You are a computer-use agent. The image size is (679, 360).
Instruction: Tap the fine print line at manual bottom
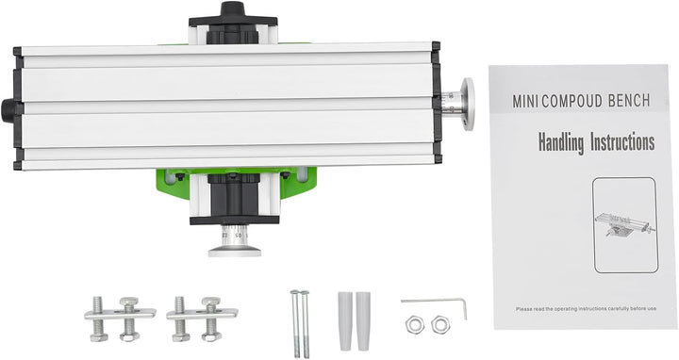tap(584, 307)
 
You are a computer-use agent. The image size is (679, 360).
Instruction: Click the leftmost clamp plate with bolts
tap(120, 316)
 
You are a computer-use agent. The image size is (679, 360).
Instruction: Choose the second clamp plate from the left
tap(201, 315)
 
